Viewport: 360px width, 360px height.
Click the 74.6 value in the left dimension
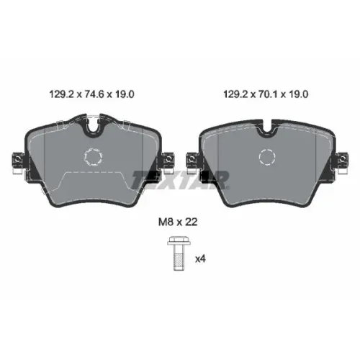(x=94, y=94)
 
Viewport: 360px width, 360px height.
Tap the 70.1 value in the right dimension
(x=268, y=94)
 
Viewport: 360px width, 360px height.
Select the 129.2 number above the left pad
(x=61, y=94)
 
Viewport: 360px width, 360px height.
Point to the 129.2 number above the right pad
(x=235, y=94)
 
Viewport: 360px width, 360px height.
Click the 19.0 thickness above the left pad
(x=125, y=94)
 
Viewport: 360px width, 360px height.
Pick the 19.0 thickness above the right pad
(x=298, y=94)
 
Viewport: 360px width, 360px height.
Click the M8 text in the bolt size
(x=166, y=222)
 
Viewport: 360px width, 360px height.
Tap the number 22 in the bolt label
(x=192, y=222)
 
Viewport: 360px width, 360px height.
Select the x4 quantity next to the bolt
(x=200, y=259)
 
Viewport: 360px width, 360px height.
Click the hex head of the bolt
(x=179, y=240)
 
